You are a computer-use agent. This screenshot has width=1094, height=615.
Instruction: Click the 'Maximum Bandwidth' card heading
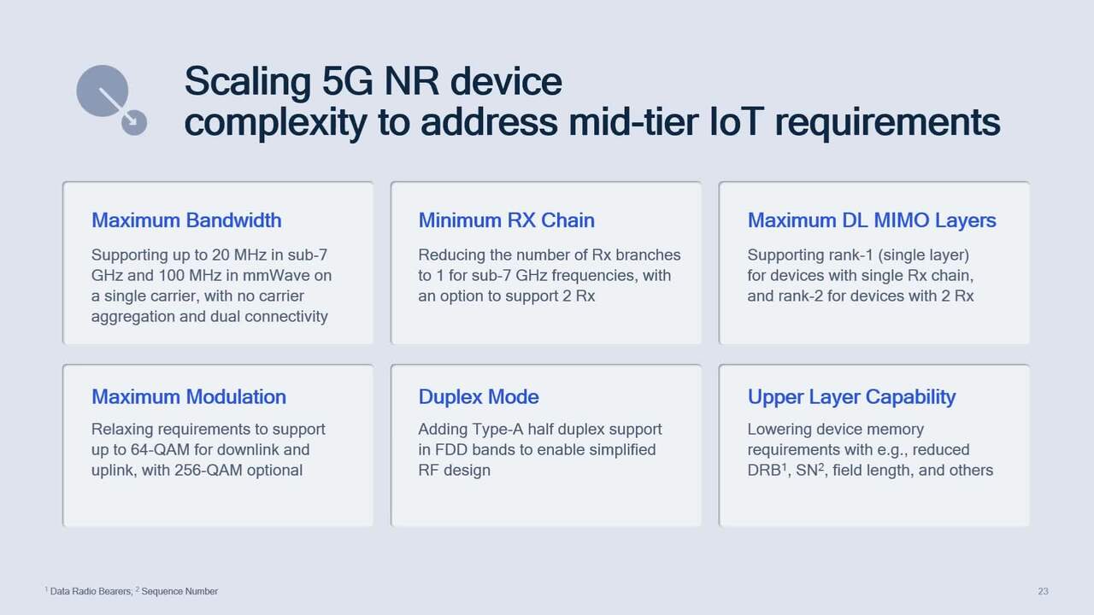click(185, 220)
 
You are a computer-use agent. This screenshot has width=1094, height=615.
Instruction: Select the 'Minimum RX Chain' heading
click(506, 220)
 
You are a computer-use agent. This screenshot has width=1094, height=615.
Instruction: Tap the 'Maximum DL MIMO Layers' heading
click(871, 220)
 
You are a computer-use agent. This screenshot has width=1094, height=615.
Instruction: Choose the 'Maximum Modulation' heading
click(188, 397)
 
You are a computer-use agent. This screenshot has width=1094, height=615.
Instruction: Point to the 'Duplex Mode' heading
click(478, 397)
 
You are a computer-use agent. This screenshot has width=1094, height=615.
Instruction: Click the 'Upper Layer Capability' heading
click(851, 397)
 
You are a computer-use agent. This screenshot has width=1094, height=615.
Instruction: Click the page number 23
click(1043, 591)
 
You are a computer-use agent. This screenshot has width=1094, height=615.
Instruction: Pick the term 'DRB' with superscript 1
click(764, 471)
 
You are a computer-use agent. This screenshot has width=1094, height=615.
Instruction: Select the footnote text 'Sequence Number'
click(179, 591)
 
